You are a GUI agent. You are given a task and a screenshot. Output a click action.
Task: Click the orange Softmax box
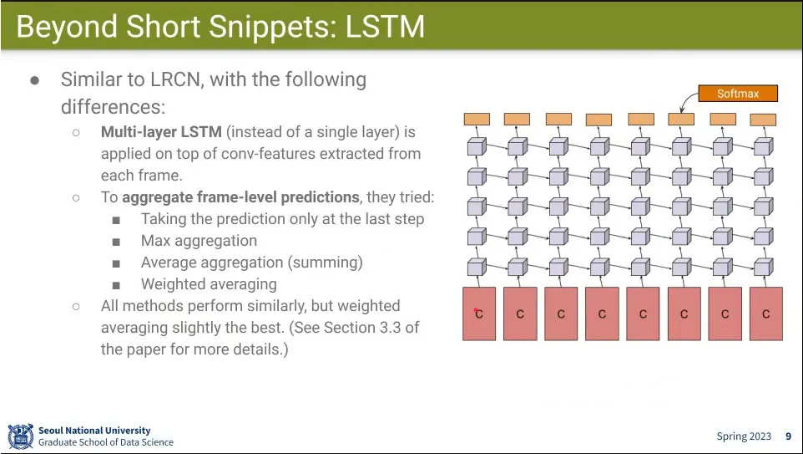click(738, 94)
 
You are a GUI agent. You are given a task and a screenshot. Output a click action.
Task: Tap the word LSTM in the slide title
click(385, 27)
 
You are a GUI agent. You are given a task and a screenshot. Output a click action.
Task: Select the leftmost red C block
click(479, 314)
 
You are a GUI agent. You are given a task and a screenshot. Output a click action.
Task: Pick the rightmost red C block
click(766, 314)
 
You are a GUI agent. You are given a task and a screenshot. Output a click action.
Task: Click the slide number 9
click(789, 436)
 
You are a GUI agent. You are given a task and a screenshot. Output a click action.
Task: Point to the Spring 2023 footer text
click(744, 436)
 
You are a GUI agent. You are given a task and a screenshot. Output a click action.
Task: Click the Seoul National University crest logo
click(21, 436)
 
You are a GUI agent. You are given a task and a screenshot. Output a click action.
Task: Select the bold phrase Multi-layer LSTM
click(161, 132)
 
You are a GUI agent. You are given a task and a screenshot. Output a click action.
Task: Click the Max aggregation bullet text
click(199, 241)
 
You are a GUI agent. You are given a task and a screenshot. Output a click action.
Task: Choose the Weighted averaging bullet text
click(209, 284)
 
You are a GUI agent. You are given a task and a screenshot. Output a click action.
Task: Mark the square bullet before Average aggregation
click(116, 263)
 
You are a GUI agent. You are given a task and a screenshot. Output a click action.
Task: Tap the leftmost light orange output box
click(477, 119)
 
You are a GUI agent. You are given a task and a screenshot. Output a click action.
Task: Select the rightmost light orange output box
click(763, 120)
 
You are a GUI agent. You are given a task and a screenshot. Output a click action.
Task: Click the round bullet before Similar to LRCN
click(35, 80)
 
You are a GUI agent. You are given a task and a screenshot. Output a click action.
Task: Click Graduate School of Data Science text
click(106, 442)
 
